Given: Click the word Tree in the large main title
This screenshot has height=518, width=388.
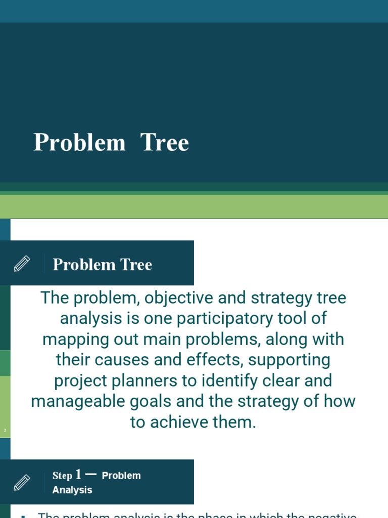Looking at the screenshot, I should (x=165, y=143).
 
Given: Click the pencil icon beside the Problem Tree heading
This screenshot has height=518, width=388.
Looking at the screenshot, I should (x=22, y=264).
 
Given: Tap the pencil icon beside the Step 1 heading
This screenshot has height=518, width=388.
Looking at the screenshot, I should (x=22, y=482).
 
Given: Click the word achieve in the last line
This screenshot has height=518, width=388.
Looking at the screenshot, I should (x=182, y=422).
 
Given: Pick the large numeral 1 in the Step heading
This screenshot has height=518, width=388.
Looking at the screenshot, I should (x=78, y=474).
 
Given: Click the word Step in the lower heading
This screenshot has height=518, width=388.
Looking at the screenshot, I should (x=62, y=476).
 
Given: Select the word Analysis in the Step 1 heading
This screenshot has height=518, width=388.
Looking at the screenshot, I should (x=72, y=490).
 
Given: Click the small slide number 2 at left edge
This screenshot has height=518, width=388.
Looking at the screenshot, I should (x=5, y=430).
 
